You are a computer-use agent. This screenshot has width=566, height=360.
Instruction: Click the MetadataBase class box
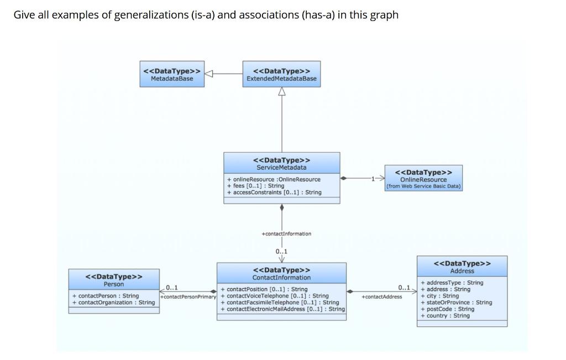coord(171,74)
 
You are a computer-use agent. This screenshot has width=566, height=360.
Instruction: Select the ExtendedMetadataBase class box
coord(281,74)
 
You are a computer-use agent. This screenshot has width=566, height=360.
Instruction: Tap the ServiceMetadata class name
coord(281,167)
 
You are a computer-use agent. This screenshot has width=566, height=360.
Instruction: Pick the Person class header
coord(114,280)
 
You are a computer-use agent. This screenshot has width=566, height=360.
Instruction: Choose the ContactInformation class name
coord(281,277)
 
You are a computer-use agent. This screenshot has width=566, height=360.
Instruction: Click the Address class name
coord(462,271)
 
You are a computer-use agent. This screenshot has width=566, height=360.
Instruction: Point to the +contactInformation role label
coord(286,234)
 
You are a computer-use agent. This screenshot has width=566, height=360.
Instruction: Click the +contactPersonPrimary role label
coord(188,298)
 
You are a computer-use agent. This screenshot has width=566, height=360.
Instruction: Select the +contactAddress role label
coord(381,297)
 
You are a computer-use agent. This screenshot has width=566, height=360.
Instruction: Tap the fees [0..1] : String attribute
coord(255,186)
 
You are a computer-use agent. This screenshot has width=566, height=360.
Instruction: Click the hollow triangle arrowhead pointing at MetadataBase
coord(209,74)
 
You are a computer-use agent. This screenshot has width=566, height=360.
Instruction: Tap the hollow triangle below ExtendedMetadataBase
coord(282,92)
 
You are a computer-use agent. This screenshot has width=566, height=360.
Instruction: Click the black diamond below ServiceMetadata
coord(282,208)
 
